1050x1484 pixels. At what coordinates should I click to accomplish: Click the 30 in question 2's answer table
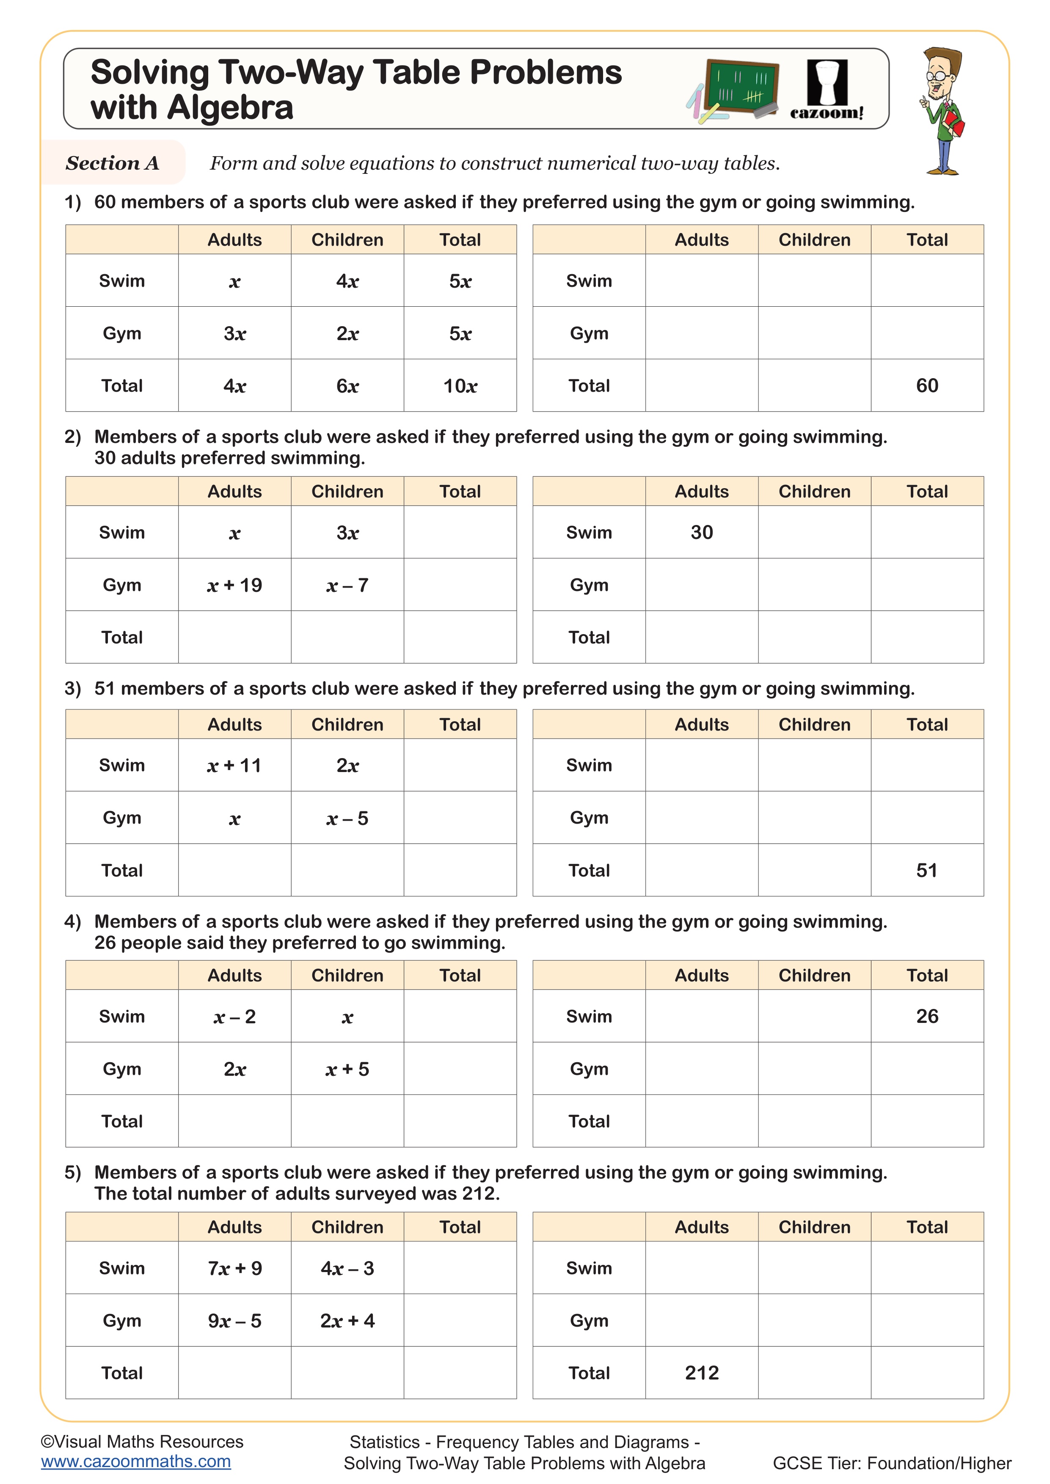pos(702,533)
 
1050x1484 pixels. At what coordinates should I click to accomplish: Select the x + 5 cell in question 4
pos(347,1070)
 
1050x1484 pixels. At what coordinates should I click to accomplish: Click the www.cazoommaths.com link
pos(136,1462)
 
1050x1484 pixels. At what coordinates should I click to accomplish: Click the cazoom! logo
pos(827,91)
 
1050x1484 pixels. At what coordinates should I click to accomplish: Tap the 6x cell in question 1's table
pos(347,386)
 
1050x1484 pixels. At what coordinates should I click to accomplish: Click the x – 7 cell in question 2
pos(347,585)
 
